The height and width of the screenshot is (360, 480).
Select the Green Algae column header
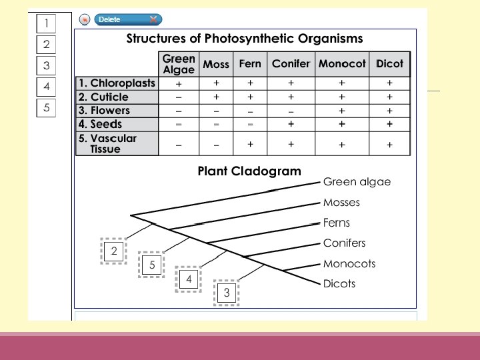179,64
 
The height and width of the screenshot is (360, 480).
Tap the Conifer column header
291,64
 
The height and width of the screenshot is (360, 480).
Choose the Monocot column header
342,64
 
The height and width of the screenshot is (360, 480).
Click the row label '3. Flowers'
104,111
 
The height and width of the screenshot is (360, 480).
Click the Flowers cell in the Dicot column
389,111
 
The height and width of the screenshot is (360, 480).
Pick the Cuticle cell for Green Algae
179,97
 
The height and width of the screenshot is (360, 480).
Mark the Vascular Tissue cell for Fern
250,144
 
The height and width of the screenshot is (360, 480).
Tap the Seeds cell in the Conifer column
291,124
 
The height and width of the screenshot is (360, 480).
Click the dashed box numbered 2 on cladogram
114,251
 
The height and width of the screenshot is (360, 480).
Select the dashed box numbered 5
152,265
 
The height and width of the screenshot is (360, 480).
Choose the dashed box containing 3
227,292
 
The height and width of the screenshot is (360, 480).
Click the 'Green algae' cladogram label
357,181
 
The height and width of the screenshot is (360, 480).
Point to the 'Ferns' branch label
336,223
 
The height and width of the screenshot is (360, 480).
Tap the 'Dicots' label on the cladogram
339,283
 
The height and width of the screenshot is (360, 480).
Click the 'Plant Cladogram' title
249,171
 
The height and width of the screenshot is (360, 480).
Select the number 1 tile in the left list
46,24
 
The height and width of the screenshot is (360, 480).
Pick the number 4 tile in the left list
46,87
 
